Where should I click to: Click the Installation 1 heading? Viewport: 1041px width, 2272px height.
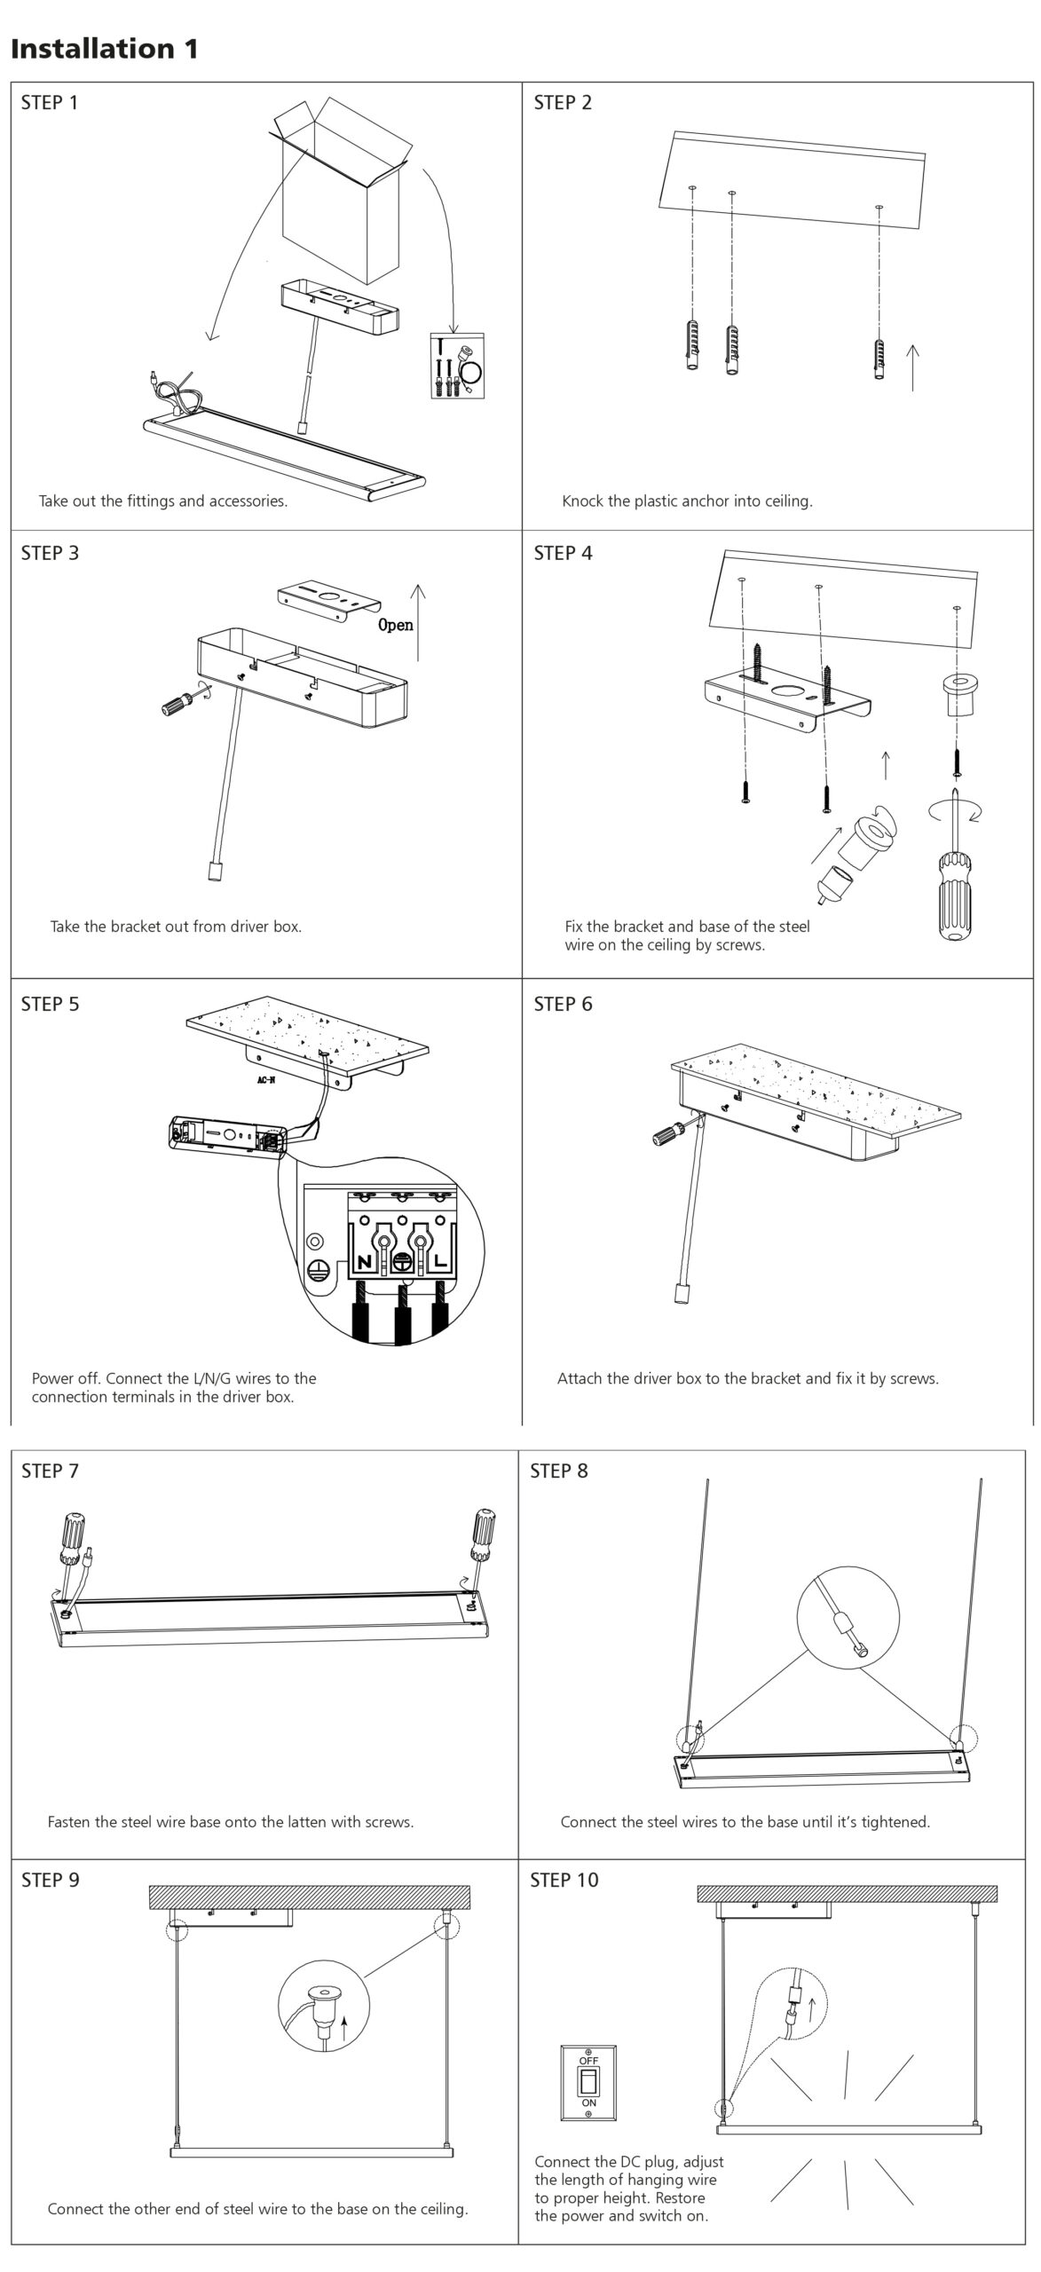tap(105, 49)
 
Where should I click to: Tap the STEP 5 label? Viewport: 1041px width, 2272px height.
tap(50, 1004)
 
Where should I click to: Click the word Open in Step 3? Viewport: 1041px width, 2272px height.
tap(396, 625)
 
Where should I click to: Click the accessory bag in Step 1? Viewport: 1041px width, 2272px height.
tap(458, 365)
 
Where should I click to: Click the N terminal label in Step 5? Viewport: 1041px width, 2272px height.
tap(365, 1261)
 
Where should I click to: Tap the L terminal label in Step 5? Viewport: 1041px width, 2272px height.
tap(440, 1261)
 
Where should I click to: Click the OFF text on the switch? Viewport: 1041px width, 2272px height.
tap(588, 2060)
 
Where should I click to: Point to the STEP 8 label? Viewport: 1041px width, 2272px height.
tap(559, 1471)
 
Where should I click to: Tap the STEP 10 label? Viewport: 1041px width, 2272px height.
tap(564, 1880)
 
